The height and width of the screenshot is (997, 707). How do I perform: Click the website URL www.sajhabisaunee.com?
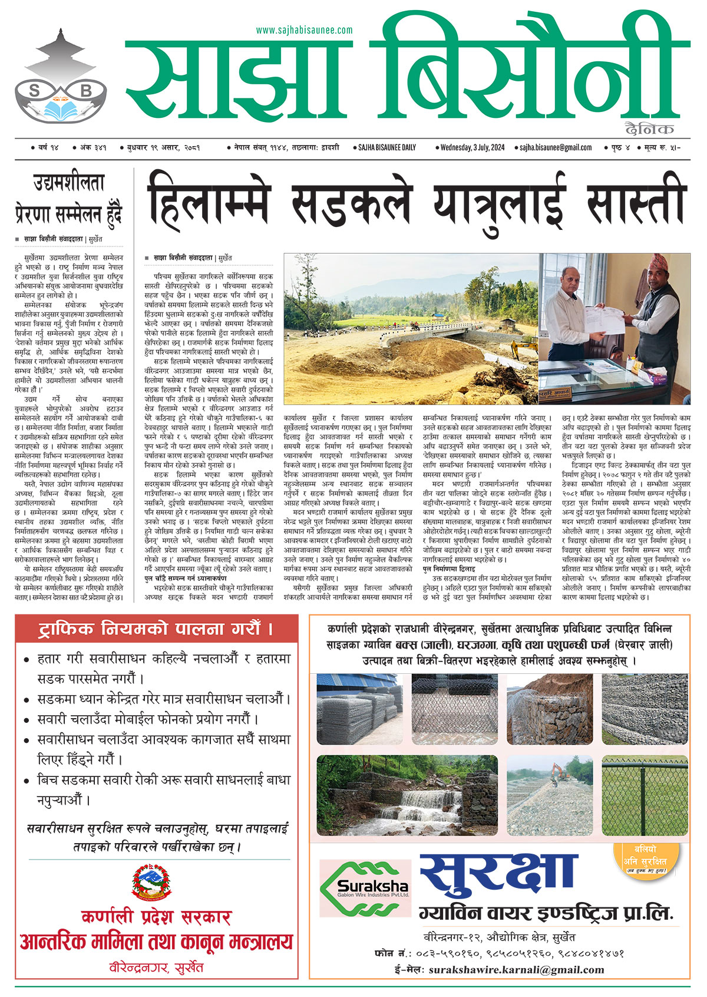tap(304, 30)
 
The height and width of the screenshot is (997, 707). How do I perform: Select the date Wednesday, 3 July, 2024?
tap(473, 147)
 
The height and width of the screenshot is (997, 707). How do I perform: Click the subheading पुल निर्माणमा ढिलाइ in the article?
tap(448, 569)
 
